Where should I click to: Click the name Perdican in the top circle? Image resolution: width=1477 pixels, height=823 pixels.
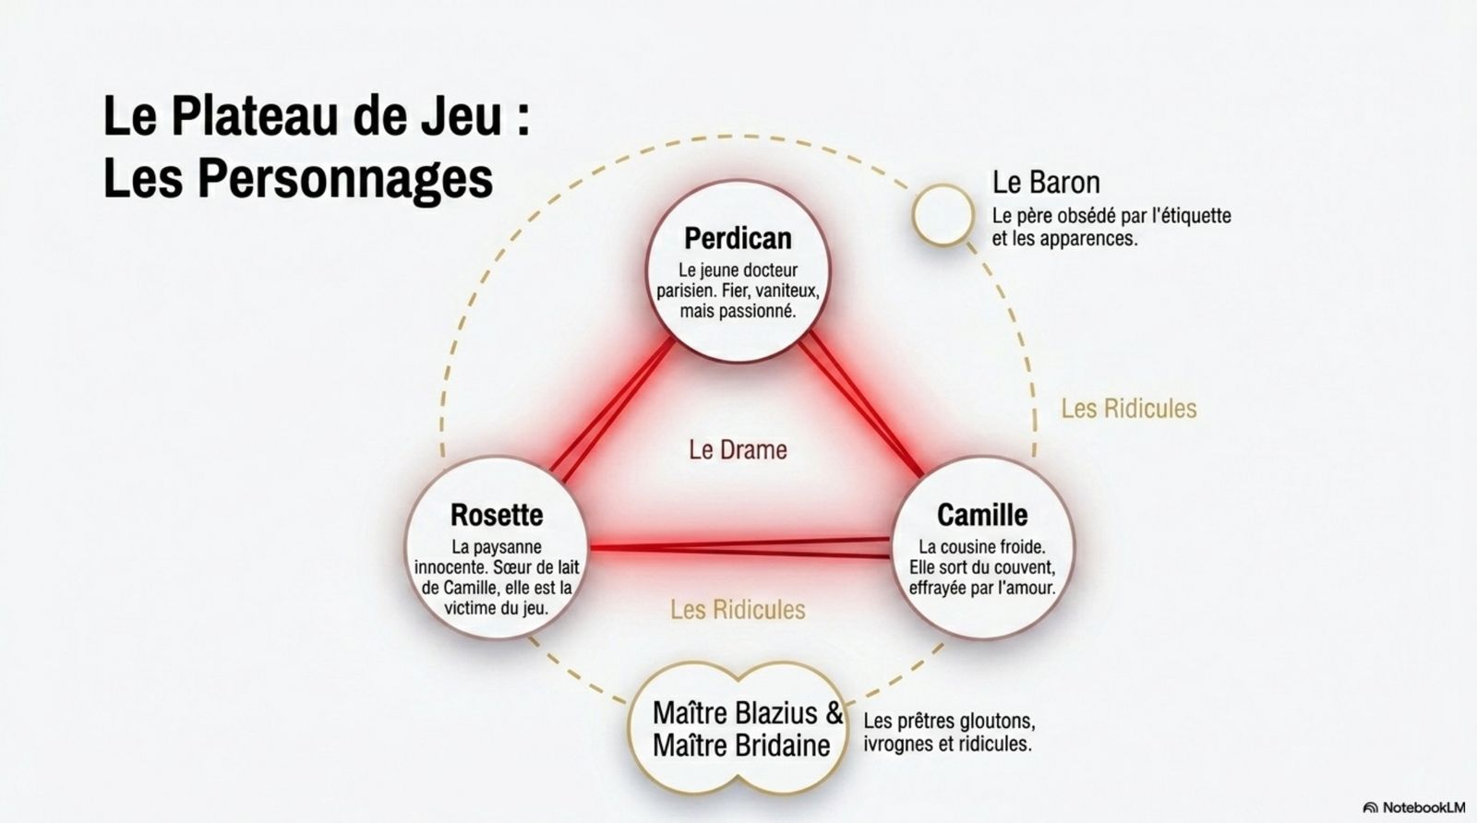[x=738, y=239]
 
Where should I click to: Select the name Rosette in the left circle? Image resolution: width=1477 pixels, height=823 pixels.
[x=497, y=515]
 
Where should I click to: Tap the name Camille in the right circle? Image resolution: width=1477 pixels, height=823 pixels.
[x=982, y=515]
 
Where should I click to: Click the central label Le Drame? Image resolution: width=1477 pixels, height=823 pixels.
[x=738, y=450]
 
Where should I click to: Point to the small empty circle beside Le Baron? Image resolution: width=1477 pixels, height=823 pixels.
[x=943, y=215]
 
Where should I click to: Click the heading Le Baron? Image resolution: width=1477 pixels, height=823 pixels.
[x=1046, y=183]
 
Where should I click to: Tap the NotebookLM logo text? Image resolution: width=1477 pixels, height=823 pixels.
[x=1423, y=807]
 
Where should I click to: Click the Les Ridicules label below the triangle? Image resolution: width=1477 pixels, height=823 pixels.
[x=738, y=610]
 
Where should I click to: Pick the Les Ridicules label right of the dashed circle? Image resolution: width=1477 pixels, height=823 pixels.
[x=1129, y=409]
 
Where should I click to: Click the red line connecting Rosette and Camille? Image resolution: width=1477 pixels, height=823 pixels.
[x=739, y=547]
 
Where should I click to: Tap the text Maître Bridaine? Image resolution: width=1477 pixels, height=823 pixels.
[x=741, y=745]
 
